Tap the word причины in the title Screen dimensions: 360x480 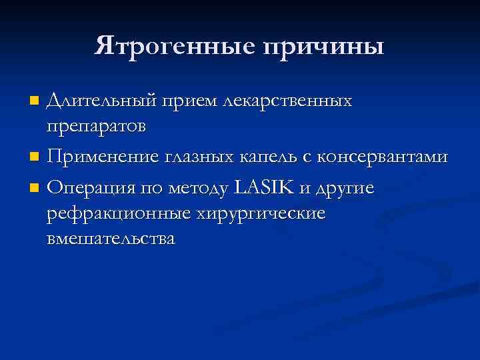(x=325, y=46)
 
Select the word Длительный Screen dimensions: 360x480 (x=102, y=101)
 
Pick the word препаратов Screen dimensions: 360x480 (x=97, y=127)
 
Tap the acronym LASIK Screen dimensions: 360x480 (x=263, y=189)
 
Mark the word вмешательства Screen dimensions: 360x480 (x=111, y=239)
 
